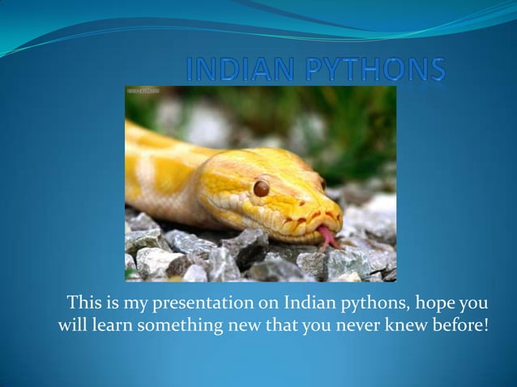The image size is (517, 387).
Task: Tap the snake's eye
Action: [261, 188]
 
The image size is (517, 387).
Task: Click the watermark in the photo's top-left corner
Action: [143, 92]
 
